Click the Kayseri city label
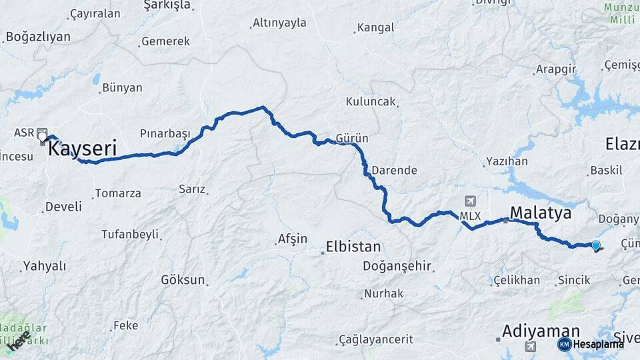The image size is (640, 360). [x=82, y=147]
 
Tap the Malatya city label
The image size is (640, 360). [x=541, y=213]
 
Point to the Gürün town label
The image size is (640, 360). [x=352, y=138]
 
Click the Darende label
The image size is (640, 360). [x=394, y=170]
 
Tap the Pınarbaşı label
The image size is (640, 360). [x=165, y=133]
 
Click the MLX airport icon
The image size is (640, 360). [x=471, y=201]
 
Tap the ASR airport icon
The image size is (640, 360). [x=43, y=132]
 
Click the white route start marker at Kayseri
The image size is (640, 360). [x=43, y=138]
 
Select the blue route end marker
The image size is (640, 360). [x=596, y=245]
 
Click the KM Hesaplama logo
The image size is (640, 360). [x=591, y=344]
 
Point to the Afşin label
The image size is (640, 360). [x=293, y=239]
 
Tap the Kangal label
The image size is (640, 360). [x=376, y=27]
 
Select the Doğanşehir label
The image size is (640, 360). [x=397, y=267]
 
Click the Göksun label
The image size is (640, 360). [x=183, y=280]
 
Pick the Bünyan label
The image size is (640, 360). [x=122, y=87]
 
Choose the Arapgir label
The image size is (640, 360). [x=555, y=69]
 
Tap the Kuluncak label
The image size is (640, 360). [x=371, y=102]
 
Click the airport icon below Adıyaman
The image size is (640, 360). [x=530, y=346]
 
